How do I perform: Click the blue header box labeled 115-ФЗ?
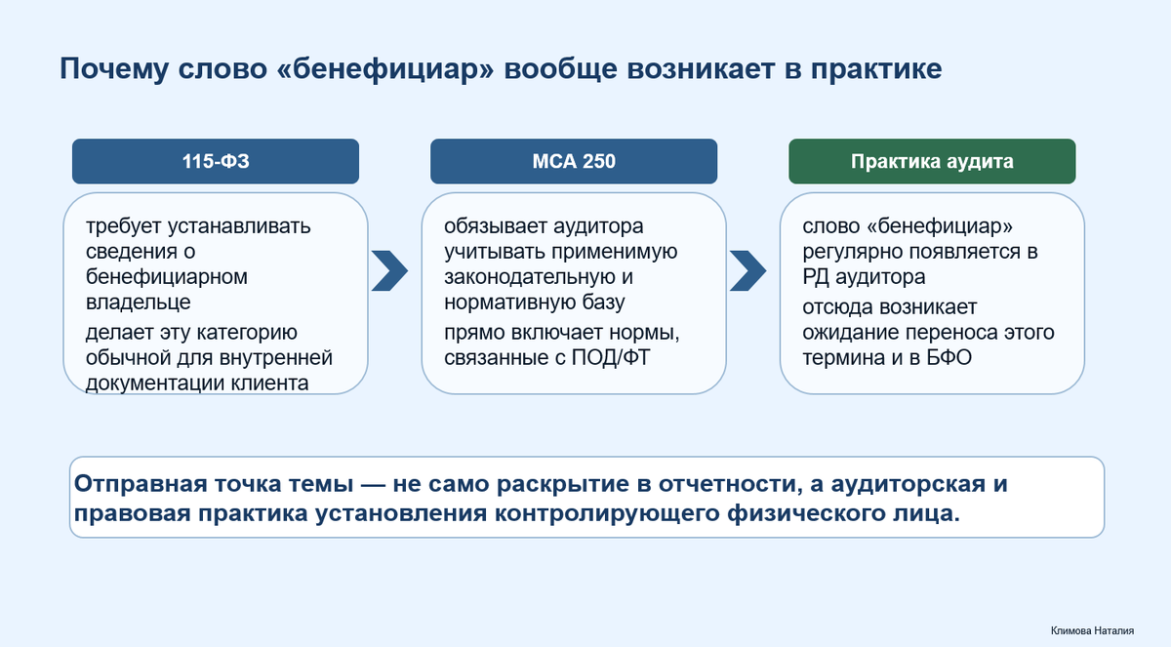216,161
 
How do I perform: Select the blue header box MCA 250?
574,161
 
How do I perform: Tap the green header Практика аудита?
932,161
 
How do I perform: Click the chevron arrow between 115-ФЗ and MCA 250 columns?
389,270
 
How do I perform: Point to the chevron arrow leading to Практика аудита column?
747,270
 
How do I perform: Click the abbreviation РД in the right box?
820,276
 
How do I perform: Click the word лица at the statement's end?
929,514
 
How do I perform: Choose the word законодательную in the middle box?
522,276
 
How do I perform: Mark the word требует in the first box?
124,227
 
